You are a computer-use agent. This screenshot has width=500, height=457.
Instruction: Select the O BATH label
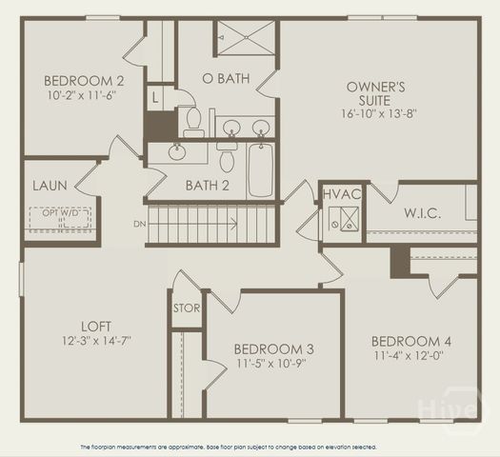(x=226, y=78)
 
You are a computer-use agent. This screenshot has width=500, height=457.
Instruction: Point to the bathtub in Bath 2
(x=261, y=169)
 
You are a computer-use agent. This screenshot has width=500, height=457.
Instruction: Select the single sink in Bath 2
(x=177, y=150)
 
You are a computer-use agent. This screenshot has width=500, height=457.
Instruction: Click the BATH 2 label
(x=208, y=185)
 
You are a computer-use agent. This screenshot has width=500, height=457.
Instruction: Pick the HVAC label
(x=342, y=194)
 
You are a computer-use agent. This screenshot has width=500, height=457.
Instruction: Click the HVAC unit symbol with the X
(x=344, y=221)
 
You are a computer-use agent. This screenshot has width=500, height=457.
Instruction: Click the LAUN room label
(x=50, y=186)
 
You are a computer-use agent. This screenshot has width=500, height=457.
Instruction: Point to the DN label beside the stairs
(x=139, y=225)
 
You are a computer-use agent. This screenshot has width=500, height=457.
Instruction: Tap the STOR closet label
(x=187, y=308)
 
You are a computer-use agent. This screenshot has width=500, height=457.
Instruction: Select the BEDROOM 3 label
(x=274, y=349)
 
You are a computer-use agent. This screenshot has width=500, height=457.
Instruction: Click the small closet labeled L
(x=155, y=96)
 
